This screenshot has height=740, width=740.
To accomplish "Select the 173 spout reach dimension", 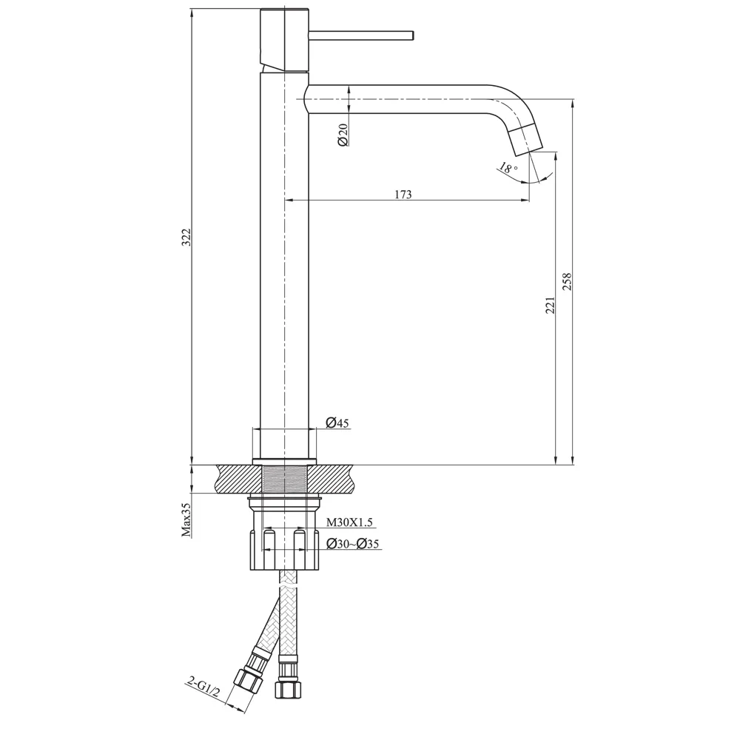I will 403,195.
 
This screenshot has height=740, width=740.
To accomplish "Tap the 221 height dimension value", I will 550,305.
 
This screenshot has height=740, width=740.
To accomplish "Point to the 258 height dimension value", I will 568,281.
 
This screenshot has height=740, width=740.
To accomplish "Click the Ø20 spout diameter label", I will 343,135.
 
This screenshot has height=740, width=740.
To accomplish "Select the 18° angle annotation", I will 507,169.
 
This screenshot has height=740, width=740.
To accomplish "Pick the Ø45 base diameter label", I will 337,423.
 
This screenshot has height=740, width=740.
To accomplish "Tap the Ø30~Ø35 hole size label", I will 353,545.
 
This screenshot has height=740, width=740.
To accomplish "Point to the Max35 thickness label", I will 186,519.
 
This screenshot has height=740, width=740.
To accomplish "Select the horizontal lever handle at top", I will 360,35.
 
